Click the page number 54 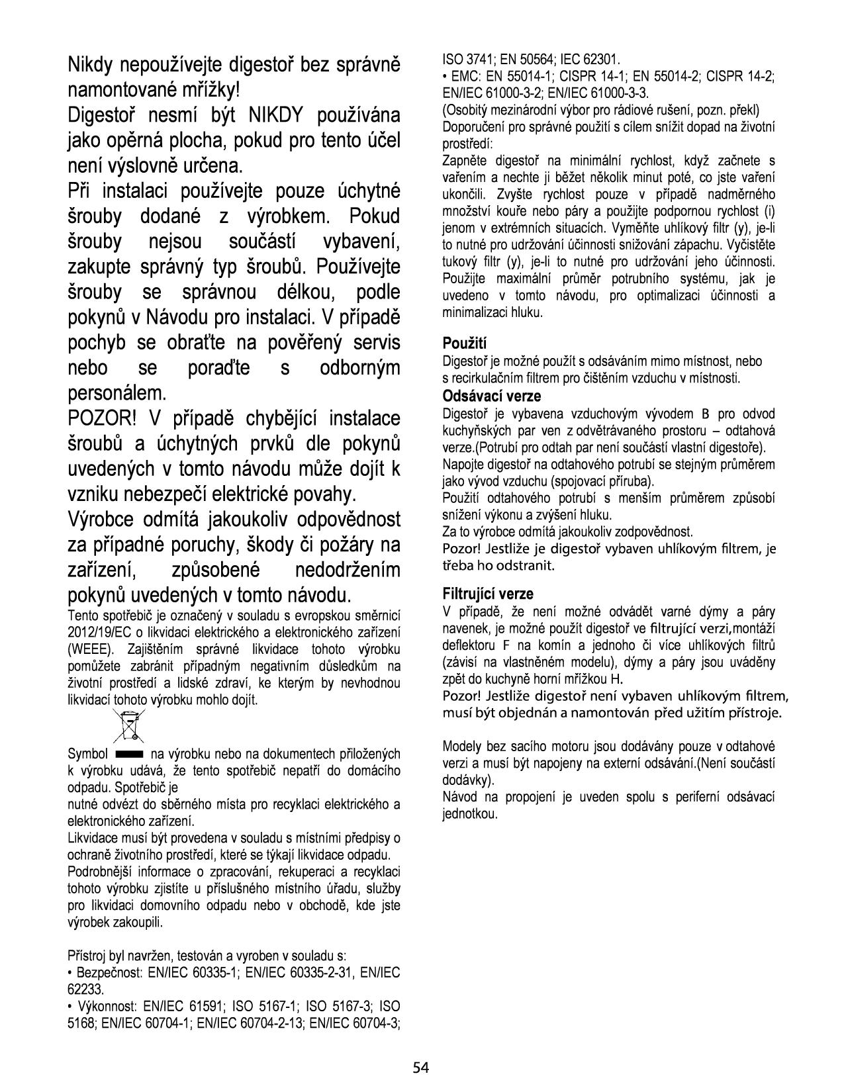click(x=421, y=1067)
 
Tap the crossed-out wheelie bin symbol click(x=129, y=725)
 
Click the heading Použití click(x=464, y=343)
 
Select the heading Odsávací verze click(x=491, y=396)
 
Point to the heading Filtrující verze click(x=488, y=594)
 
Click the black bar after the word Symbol click(x=129, y=754)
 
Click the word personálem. click(x=117, y=394)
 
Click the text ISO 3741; click(x=467, y=59)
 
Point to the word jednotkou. click(x=469, y=813)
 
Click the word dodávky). click(x=468, y=780)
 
